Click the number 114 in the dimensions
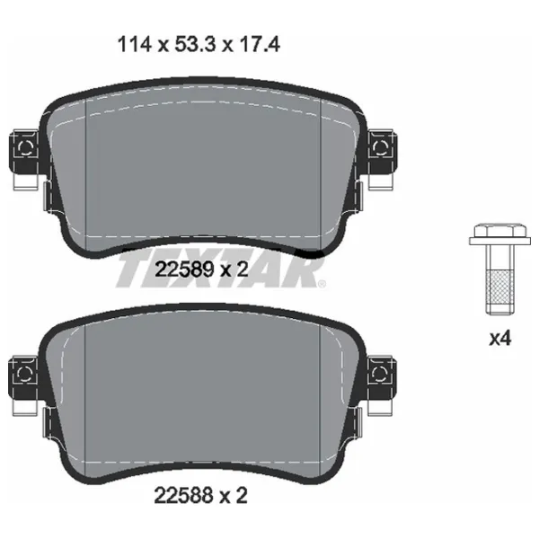(x=135, y=45)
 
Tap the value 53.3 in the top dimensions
(x=195, y=45)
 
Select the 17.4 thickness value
(x=260, y=45)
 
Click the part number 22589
(x=184, y=269)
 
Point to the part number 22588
(x=184, y=496)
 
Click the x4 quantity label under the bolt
(x=500, y=339)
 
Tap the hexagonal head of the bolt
(x=499, y=230)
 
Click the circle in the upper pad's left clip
(x=25, y=148)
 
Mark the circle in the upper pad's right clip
(x=380, y=148)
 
